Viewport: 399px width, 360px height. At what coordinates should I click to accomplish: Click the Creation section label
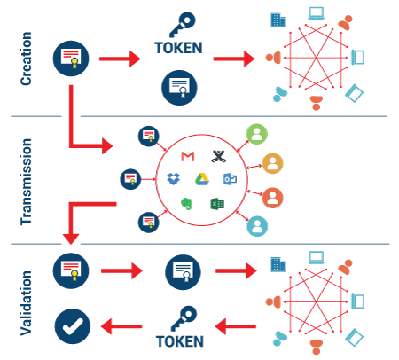coord(26,59)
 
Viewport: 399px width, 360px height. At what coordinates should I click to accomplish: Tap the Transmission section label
coord(26,182)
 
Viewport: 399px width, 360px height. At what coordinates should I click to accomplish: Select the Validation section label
coord(26,303)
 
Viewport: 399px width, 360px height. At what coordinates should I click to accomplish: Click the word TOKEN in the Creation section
coord(178,48)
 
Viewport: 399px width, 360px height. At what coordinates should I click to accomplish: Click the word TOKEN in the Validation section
coord(180,341)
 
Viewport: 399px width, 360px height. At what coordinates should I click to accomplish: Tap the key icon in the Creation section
coord(183,24)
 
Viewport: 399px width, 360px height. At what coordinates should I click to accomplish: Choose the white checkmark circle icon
coord(72,326)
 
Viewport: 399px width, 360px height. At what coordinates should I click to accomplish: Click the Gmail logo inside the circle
coord(188,156)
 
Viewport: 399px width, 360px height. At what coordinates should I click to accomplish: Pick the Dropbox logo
coord(173,179)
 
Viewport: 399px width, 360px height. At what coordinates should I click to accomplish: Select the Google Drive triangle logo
coord(202,179)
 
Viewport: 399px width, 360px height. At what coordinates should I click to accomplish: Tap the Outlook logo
coord(230,179)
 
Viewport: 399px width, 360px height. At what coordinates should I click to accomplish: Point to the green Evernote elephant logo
coord(186,204)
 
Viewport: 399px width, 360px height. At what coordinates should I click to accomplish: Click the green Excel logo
coord(217,204)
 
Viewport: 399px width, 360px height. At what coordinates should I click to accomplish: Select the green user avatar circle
coord(257,134)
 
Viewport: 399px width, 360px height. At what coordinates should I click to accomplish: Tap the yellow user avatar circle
coord(272,163)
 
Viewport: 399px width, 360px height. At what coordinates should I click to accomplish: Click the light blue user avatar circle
coord(257,226)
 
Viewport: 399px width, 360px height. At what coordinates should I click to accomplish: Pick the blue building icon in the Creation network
coord(278,20)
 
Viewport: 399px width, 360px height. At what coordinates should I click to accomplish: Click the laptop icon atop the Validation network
coord(317,257)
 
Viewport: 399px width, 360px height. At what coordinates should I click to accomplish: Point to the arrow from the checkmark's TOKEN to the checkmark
coord(121,326)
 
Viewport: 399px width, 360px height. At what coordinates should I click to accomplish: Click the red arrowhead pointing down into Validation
coord(71,239)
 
